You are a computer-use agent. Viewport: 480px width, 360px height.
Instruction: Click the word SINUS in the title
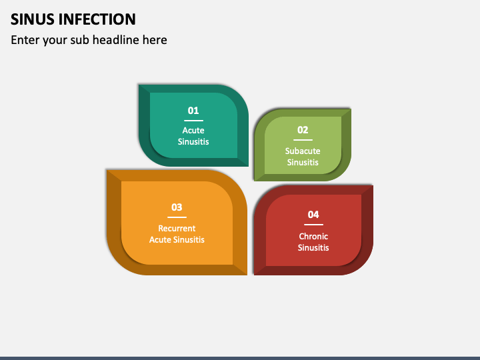pyautogui.click(x=31, y=19)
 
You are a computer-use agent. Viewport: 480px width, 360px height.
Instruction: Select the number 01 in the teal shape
pyautogui.click(x=193, y=111)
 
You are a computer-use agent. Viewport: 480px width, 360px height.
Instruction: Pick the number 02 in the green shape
pyautogui.click(x=303, y=130)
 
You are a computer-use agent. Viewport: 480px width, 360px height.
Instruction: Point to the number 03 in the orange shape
pyautogui.click(x=177, y=207)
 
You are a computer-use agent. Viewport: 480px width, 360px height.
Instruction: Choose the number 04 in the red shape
pyautogui.click(x=313, y=215)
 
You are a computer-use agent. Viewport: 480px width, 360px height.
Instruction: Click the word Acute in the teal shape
pyautogui.click(x=193, y=130)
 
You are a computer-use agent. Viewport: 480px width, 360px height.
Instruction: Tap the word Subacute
pyautogui.click(x=303, y=151)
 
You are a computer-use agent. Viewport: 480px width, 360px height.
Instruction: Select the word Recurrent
pyautogui.click(x=177, y=229)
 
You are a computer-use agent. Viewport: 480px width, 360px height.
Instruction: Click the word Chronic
pyautogui.click(x=313, y=237)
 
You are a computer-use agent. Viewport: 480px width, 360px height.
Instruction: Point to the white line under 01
pyautogui.click(x=193, y=121)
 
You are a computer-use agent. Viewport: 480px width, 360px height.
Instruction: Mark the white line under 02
pyautogui.click(x=303, y=140)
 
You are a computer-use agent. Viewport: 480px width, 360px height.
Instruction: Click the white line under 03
pyautogui.click(x=177, y=217)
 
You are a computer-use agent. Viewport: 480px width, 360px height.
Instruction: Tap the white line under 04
pyautogui.click(x=313, y=225)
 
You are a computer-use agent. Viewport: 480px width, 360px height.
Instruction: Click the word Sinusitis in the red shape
pyautogui.click(x=313, y=248)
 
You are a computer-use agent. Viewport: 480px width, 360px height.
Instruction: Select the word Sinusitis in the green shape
pyautogui.click(x=303, y=163)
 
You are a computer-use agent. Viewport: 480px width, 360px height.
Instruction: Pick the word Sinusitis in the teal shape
pyautogui.click(x=193, y=141)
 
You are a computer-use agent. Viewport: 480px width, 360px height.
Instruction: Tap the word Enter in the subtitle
pyautogui.click(x=24, y=40)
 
